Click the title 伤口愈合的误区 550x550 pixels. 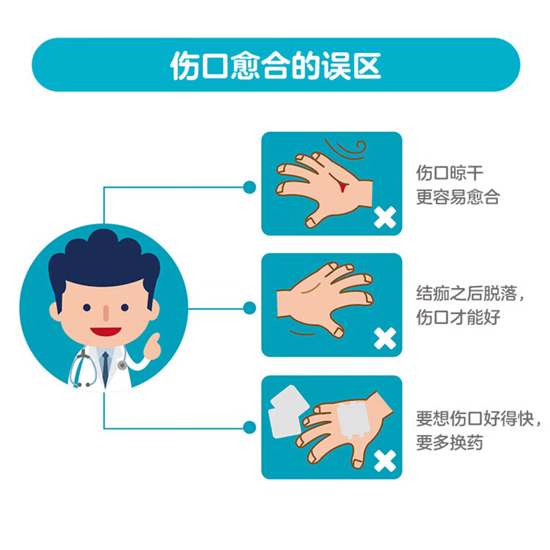tap(275, 65)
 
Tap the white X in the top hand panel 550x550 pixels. tap(384, 217)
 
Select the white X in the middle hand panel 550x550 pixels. tap(384, 339)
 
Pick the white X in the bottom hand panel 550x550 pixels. tap(384, 461)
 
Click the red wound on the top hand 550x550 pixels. tap(342, 186)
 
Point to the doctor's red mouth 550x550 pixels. tap(107, 331)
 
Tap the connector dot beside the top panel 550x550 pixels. tap(249, 187)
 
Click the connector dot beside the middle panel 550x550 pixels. tap(249, 308)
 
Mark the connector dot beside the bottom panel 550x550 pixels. tap(249, 428)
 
